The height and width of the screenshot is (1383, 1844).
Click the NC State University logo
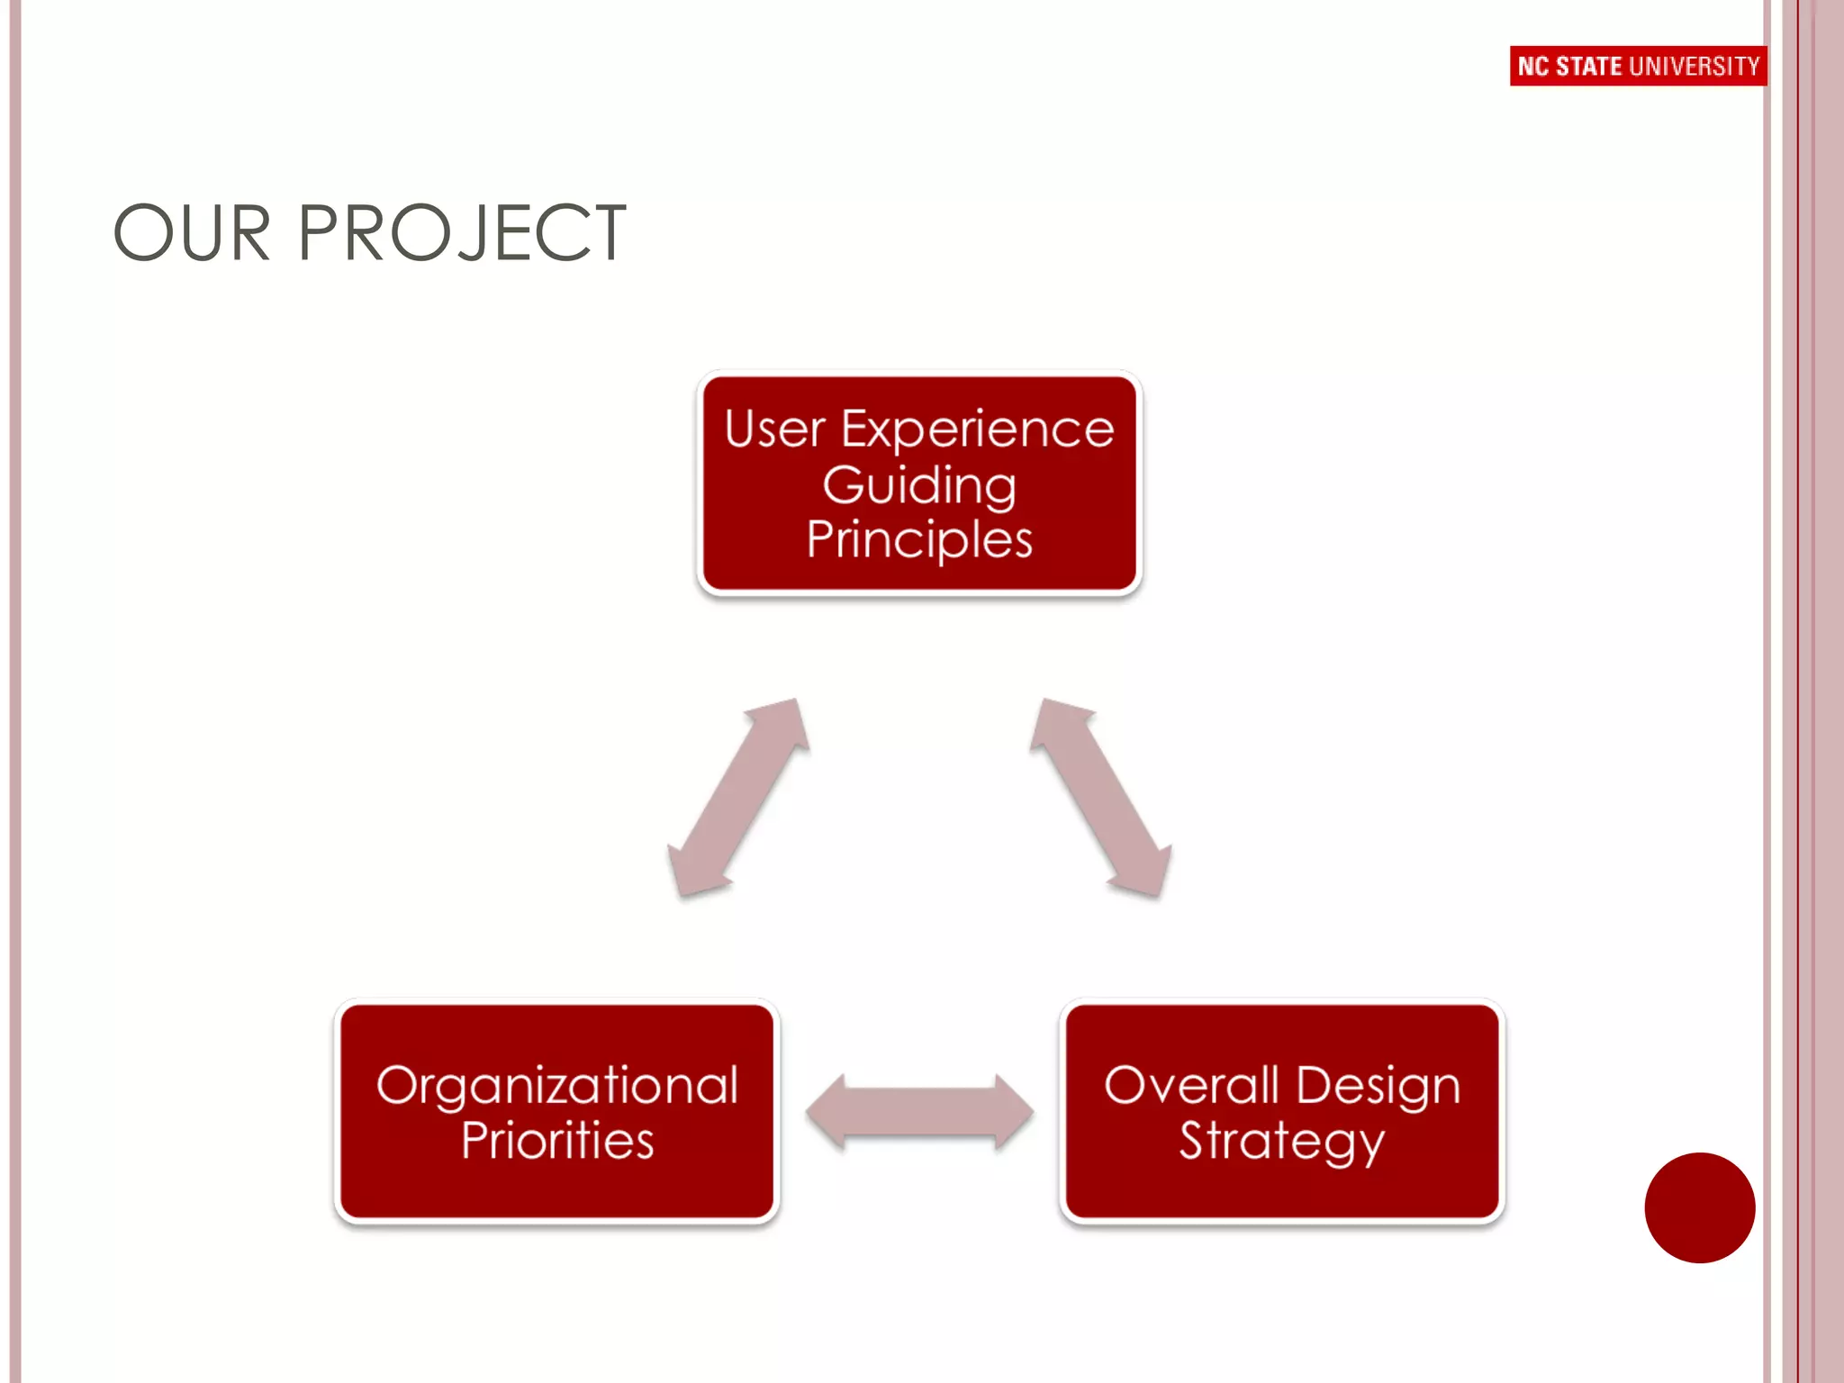(1638, 66)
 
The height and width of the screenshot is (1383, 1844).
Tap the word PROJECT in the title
(461, 234)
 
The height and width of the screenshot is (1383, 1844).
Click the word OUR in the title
(192, 234)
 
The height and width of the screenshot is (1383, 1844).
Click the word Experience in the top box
(977, 429)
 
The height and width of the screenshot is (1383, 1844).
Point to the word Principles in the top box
(919, 541)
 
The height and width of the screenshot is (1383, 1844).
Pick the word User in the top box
(774, 429)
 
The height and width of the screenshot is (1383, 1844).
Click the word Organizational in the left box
(557, 1086)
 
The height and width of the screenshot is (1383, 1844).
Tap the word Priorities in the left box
(557, 1141)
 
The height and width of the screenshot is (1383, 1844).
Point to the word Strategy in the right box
(1281, 1142)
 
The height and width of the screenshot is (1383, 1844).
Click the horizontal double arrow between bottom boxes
(919, 1113)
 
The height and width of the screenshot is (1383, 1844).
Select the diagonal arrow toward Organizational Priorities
(738, 798)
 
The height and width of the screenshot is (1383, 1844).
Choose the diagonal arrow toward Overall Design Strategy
(1101, 798)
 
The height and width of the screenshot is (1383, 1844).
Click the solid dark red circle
(1699, 1207)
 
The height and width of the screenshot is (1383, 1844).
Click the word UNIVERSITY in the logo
(1695, 67)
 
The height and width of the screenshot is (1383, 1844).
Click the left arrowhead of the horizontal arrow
(827, 1113)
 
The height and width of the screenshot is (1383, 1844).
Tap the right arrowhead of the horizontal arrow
(1013, 1113)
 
